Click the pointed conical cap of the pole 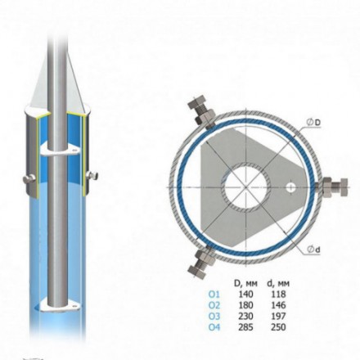(54, 90)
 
